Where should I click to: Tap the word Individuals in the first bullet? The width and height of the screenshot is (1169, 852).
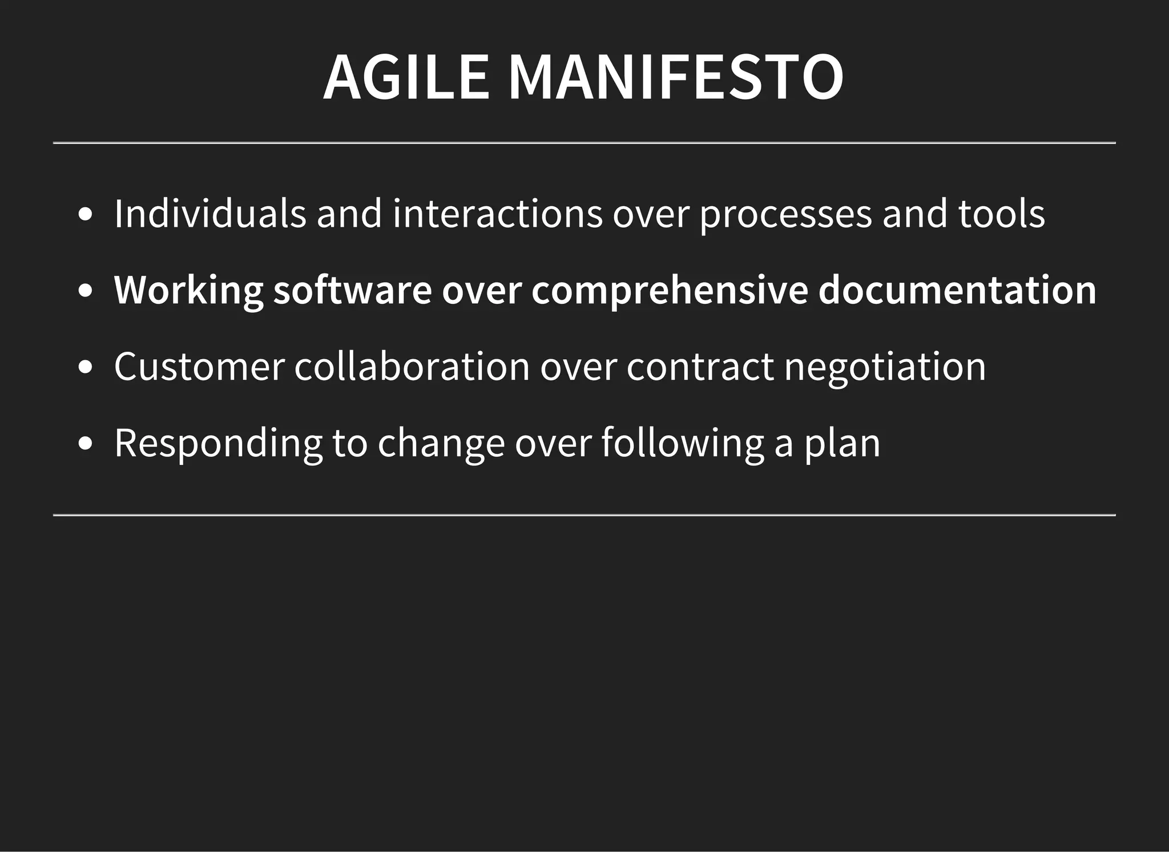coord(210,214)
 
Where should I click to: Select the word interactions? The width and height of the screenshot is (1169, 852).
coord(497,214)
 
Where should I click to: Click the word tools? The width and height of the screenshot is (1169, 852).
coord(1001,214)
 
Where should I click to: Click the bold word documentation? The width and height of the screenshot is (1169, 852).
coord(957,290)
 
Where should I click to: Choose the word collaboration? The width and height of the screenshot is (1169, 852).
coord(412,367)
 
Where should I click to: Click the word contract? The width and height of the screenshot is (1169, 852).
coord(700,367)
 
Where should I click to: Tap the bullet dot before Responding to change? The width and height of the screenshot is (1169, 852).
coord(86,444)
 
